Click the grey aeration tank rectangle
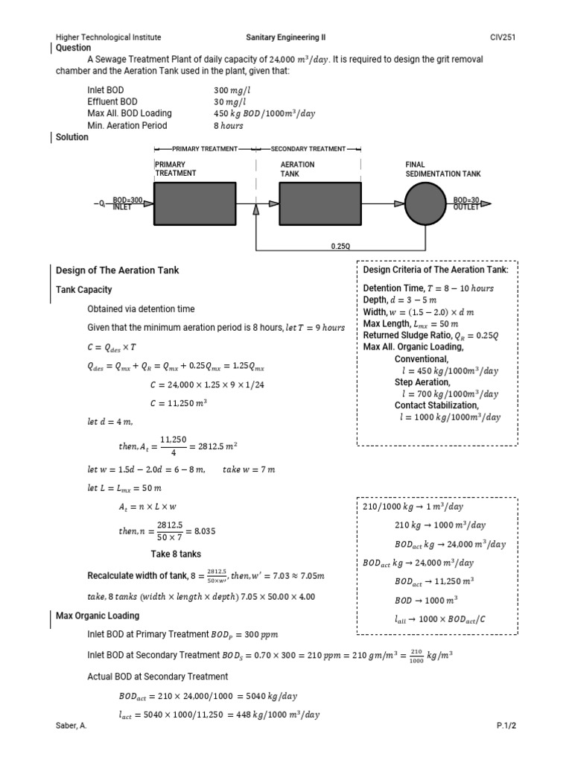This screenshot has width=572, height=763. [x=320, y=203]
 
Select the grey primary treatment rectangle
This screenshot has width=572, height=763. [x=194, y=203]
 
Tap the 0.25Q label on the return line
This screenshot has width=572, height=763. [x=340, y=245]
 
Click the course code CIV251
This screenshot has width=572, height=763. [x=503, y=37]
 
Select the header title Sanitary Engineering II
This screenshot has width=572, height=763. [x=285, y=37]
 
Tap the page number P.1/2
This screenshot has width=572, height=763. [x=506, y=725]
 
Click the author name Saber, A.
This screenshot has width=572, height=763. [x=71, y=725]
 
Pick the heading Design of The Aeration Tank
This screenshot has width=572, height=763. [x=118, y=270]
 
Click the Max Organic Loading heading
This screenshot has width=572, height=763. [x=97, y=615]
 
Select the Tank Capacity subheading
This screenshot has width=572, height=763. [x=84, y=289]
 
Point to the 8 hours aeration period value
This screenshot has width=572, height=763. [x=229, y=125]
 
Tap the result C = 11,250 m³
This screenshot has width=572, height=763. [x=178, y=403]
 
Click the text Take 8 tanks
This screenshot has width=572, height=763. [x=176, y=554]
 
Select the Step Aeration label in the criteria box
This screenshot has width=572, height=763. [x=422, y=381]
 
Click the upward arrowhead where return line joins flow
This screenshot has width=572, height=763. [x=256, y=211]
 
